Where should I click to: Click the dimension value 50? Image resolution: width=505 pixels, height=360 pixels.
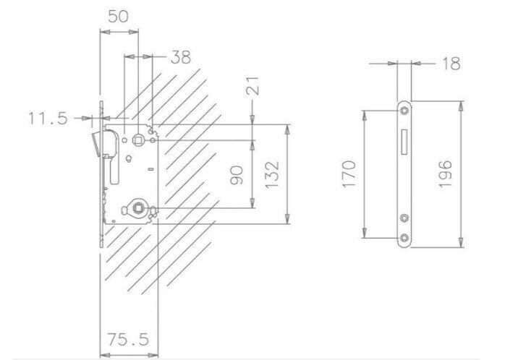[118, 17]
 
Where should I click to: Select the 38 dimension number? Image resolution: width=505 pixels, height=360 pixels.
[181, 57]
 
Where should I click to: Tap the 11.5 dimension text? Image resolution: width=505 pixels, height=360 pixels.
[48, 118]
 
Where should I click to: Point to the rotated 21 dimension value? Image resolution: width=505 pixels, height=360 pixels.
[252, 85]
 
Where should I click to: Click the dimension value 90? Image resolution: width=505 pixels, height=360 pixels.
[237, 175]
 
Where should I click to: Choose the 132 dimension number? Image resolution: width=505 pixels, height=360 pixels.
[271, 175]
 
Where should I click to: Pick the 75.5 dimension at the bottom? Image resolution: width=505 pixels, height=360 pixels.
[128, 340]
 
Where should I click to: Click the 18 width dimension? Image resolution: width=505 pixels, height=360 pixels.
[451, 64]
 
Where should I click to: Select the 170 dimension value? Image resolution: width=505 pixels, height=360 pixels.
[349, 174]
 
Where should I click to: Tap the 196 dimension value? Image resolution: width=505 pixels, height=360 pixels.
[446, 174]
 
